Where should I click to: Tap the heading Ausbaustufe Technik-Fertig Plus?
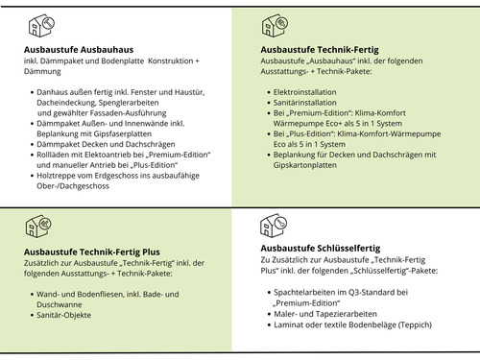tap(90, 252)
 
